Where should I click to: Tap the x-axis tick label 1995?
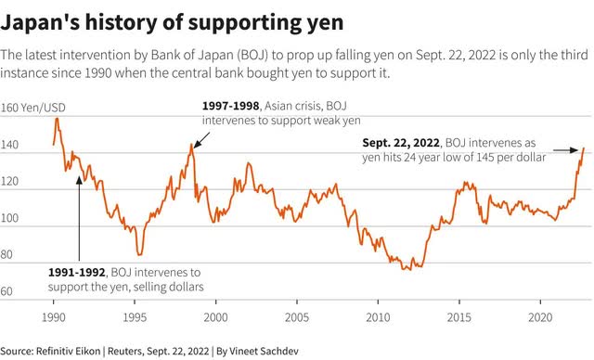click(135, 317)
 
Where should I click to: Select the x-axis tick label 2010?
click(378, 317)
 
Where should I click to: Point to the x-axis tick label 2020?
click(540, 317)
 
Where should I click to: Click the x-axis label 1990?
click(54, 317)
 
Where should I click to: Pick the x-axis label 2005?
click(297, 317)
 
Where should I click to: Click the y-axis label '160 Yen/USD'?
click(33, 108)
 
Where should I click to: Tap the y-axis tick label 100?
click(9, 218)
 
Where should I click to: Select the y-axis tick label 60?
click(6, 291)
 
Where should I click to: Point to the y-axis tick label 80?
click(6, 254)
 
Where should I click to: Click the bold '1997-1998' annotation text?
click(231, 106)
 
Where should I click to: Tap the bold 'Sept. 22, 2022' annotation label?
click(401, 143)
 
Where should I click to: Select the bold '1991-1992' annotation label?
click(76, 272)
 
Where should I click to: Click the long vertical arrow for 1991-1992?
click(79, 218)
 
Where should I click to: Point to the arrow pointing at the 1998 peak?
click(201, 140)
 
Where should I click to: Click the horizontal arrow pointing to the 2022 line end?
click(565, 150)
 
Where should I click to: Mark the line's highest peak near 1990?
click(57, 119)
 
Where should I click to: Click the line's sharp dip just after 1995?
click(139, 254)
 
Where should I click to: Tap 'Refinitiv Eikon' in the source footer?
click(68, 351)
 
